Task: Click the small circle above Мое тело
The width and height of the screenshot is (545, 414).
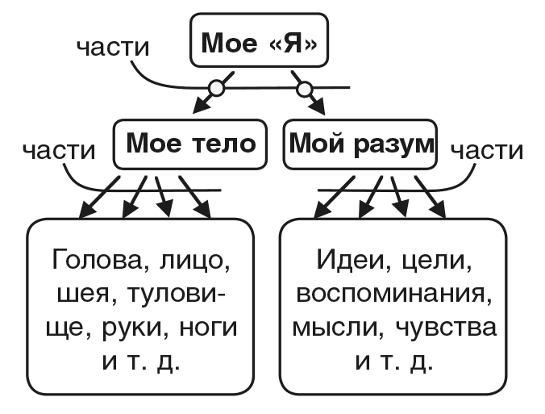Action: pos(216,87)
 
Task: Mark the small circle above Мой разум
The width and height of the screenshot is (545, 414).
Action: pos(304,87)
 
